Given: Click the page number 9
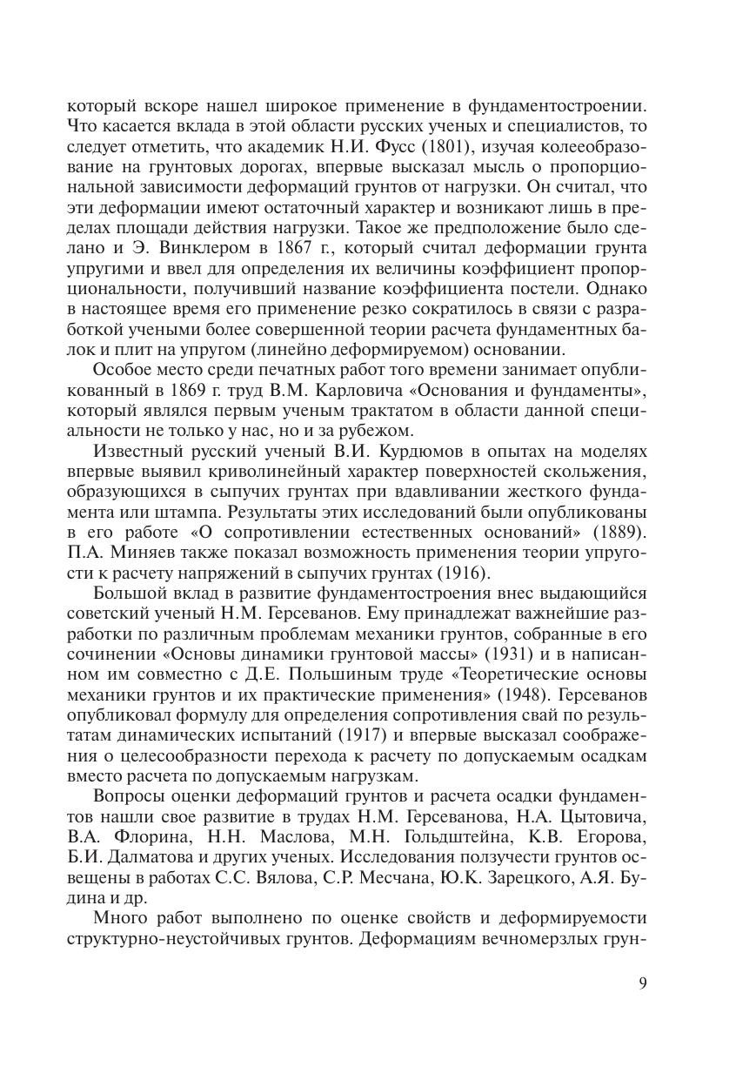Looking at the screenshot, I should coord(642,983).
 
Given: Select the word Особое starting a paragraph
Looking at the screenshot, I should coord(120,371).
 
